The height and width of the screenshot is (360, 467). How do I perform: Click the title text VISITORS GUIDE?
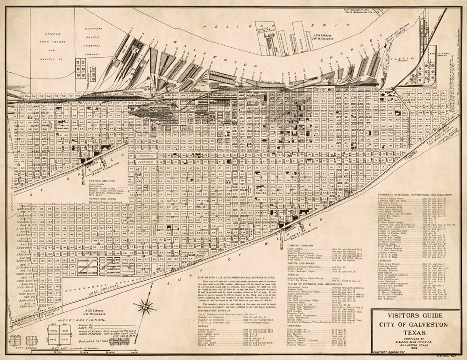(x=415, y=316)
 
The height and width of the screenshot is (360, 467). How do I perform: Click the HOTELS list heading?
(x=201, y=326)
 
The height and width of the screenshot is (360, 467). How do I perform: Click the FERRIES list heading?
(x=293, y=274)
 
